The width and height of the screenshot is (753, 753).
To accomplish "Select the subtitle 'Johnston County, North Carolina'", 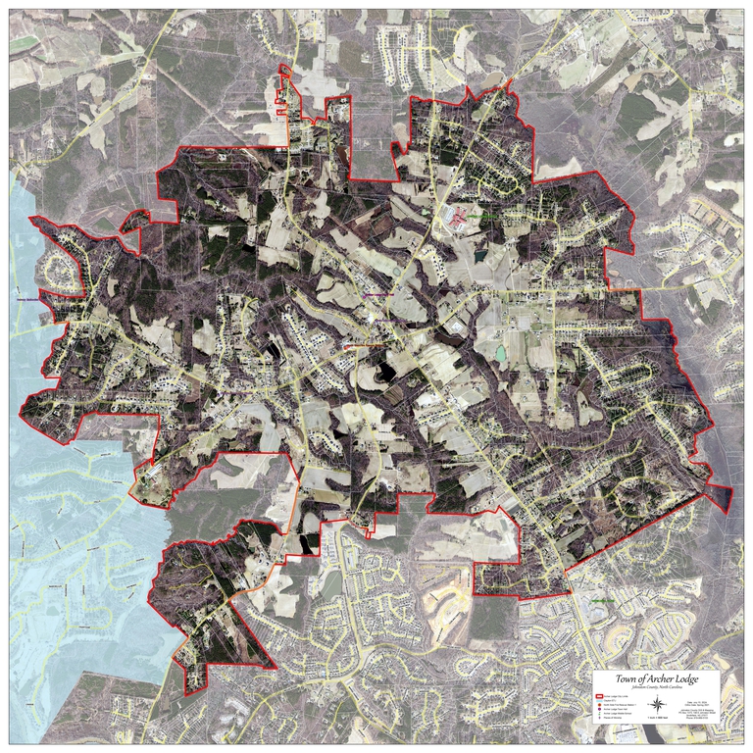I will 657,688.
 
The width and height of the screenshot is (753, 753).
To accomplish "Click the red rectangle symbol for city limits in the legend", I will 599,697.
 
